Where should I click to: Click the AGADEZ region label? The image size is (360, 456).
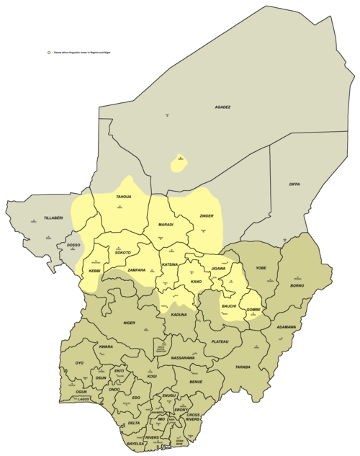click(x=222, y=107)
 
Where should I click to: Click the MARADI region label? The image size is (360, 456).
click(x=166, y=225)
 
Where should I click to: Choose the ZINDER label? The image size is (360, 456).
click(x=207, y=216)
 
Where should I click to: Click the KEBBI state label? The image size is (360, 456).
click(x=94, y=271)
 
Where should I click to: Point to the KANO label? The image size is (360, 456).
click(x=195, y=281)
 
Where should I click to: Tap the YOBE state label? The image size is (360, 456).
click(x=261, y=268)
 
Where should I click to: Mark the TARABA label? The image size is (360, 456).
click(x=243, y=367)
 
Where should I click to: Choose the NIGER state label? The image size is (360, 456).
click(x=129, y=323)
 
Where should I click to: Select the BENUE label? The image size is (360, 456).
click(x=196, y=381)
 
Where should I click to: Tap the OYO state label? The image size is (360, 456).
click(x=79, y=363)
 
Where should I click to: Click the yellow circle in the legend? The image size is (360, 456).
click(x=48, y=53)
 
